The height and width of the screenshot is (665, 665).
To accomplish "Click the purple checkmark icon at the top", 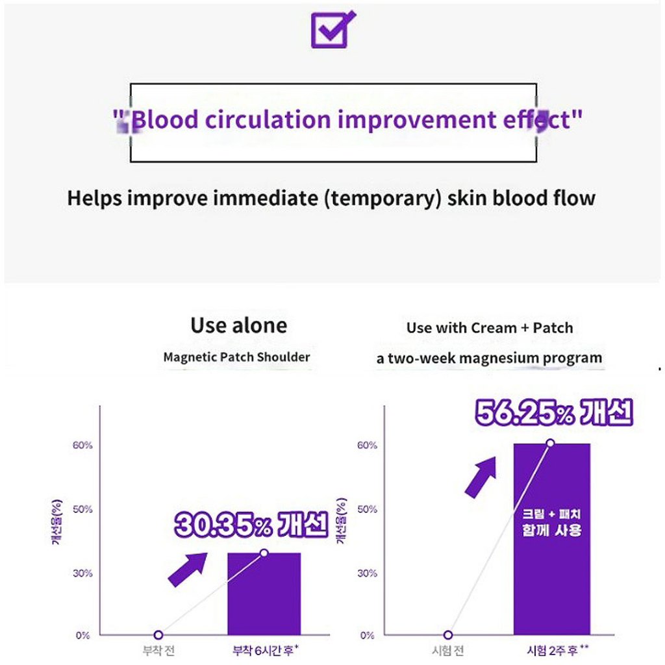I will (x=332, y=29).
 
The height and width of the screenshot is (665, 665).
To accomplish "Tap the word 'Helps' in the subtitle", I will (x=94, y=198).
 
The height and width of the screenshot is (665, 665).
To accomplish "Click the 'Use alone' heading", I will (x=238, y=325).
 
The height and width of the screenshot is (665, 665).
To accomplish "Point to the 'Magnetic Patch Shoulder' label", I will (x=236, y=357).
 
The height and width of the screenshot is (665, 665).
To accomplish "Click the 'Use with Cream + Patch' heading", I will (x=490, y=328).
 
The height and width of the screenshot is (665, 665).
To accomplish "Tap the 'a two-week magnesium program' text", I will (x=489, y=358).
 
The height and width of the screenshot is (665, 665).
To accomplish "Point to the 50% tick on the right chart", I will (x=367, y=509).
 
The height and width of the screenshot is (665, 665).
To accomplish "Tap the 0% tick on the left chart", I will (x=82, y=635).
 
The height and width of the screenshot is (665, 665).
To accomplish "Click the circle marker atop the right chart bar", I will (x=551, y=443).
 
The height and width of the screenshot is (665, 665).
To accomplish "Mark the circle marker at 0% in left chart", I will (x=158, y=635).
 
